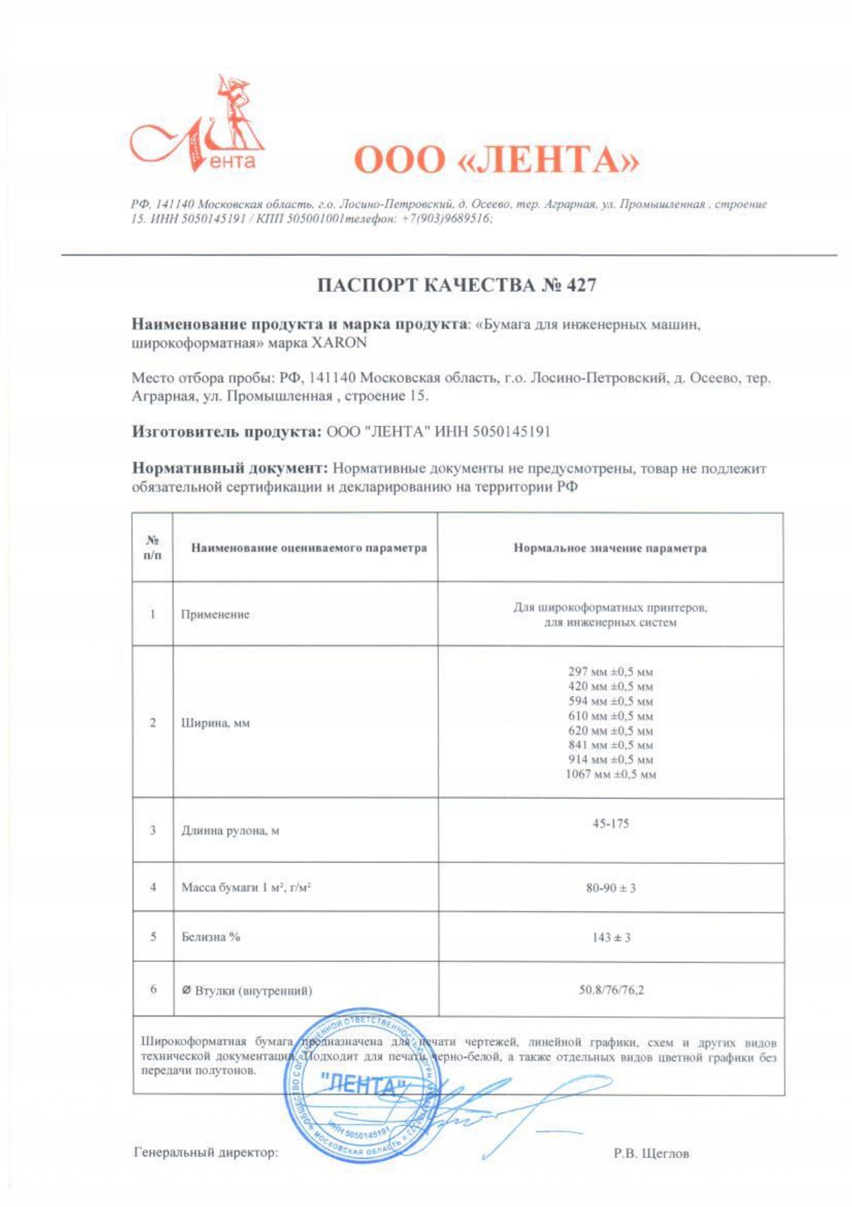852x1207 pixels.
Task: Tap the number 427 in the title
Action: (581, 285)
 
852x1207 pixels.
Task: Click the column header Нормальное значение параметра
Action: (610, 548)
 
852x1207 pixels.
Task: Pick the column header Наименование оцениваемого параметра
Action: (308, 548)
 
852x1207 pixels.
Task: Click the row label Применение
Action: (215, 614)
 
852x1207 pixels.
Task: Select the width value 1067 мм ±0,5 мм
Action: (610, 774)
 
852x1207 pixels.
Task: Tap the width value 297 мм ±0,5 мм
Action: (610, 671)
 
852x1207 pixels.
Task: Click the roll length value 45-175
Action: (610, 823)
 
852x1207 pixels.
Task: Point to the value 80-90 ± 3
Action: (610, 888)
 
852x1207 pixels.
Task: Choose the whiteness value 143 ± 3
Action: (610, 937)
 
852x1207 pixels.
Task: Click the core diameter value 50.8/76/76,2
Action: (611, 990)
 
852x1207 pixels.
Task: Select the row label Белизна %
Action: (211, 936)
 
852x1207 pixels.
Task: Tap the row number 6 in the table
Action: (153, 989)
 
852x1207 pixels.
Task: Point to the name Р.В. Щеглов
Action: (651, 1153)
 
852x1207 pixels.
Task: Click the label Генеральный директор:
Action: (206, 1152)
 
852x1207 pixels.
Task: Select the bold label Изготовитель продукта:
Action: (226, 432)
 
